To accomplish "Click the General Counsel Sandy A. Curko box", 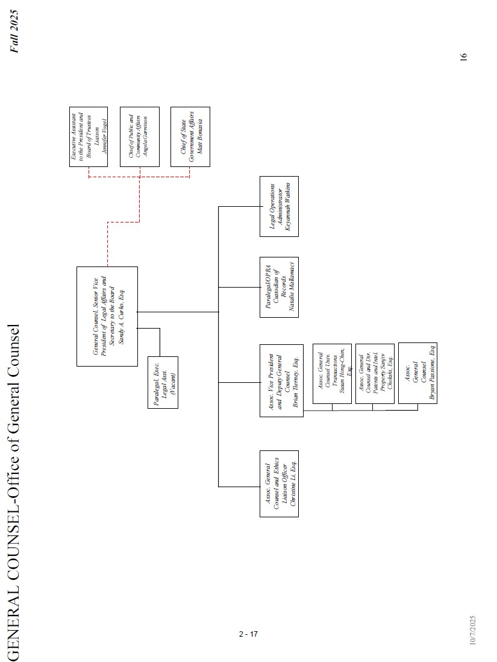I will click(x=107, y=316).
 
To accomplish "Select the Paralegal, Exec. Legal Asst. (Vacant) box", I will click(x=163, y=382).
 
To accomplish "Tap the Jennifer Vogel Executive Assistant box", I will click(x=89, y=137).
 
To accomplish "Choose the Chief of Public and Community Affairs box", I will click(x=139, y=137).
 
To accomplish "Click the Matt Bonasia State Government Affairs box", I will click(x=190, y=137).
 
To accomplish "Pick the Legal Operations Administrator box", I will click(x=279, y=207).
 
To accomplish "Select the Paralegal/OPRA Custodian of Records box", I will click(x=279, y=288).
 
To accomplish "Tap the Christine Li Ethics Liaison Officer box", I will click(x=279, y=483).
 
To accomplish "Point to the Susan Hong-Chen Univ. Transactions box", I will click(x=332, y=374).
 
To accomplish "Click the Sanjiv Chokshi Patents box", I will click(x=375, y=374).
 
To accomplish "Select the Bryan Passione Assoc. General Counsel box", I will click(x=417, y=373).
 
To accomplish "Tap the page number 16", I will click(x=463, y=57).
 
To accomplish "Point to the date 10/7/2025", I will click(x=473, y=630).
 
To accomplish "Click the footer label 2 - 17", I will click(x=248, y=634).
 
